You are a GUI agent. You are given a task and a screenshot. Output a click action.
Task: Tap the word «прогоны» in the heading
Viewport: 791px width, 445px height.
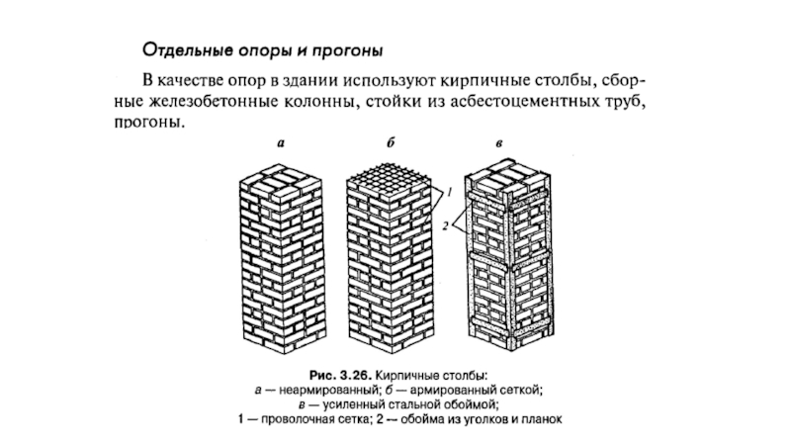point(348,48)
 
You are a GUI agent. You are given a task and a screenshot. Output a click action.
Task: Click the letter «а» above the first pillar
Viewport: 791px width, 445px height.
point(280,144)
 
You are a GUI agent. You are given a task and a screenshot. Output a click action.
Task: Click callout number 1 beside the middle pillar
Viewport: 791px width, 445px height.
point(448,188)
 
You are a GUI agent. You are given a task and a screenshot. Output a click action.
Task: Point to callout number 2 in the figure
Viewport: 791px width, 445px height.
point(446,227)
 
